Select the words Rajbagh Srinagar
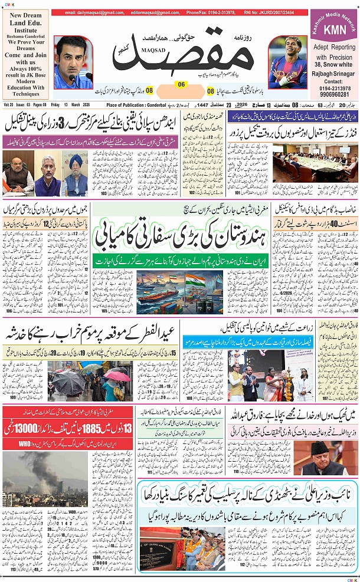[x=333, y=74]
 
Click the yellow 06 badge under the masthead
[x=181, y=84]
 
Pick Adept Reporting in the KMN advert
[x=333, y=47]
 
